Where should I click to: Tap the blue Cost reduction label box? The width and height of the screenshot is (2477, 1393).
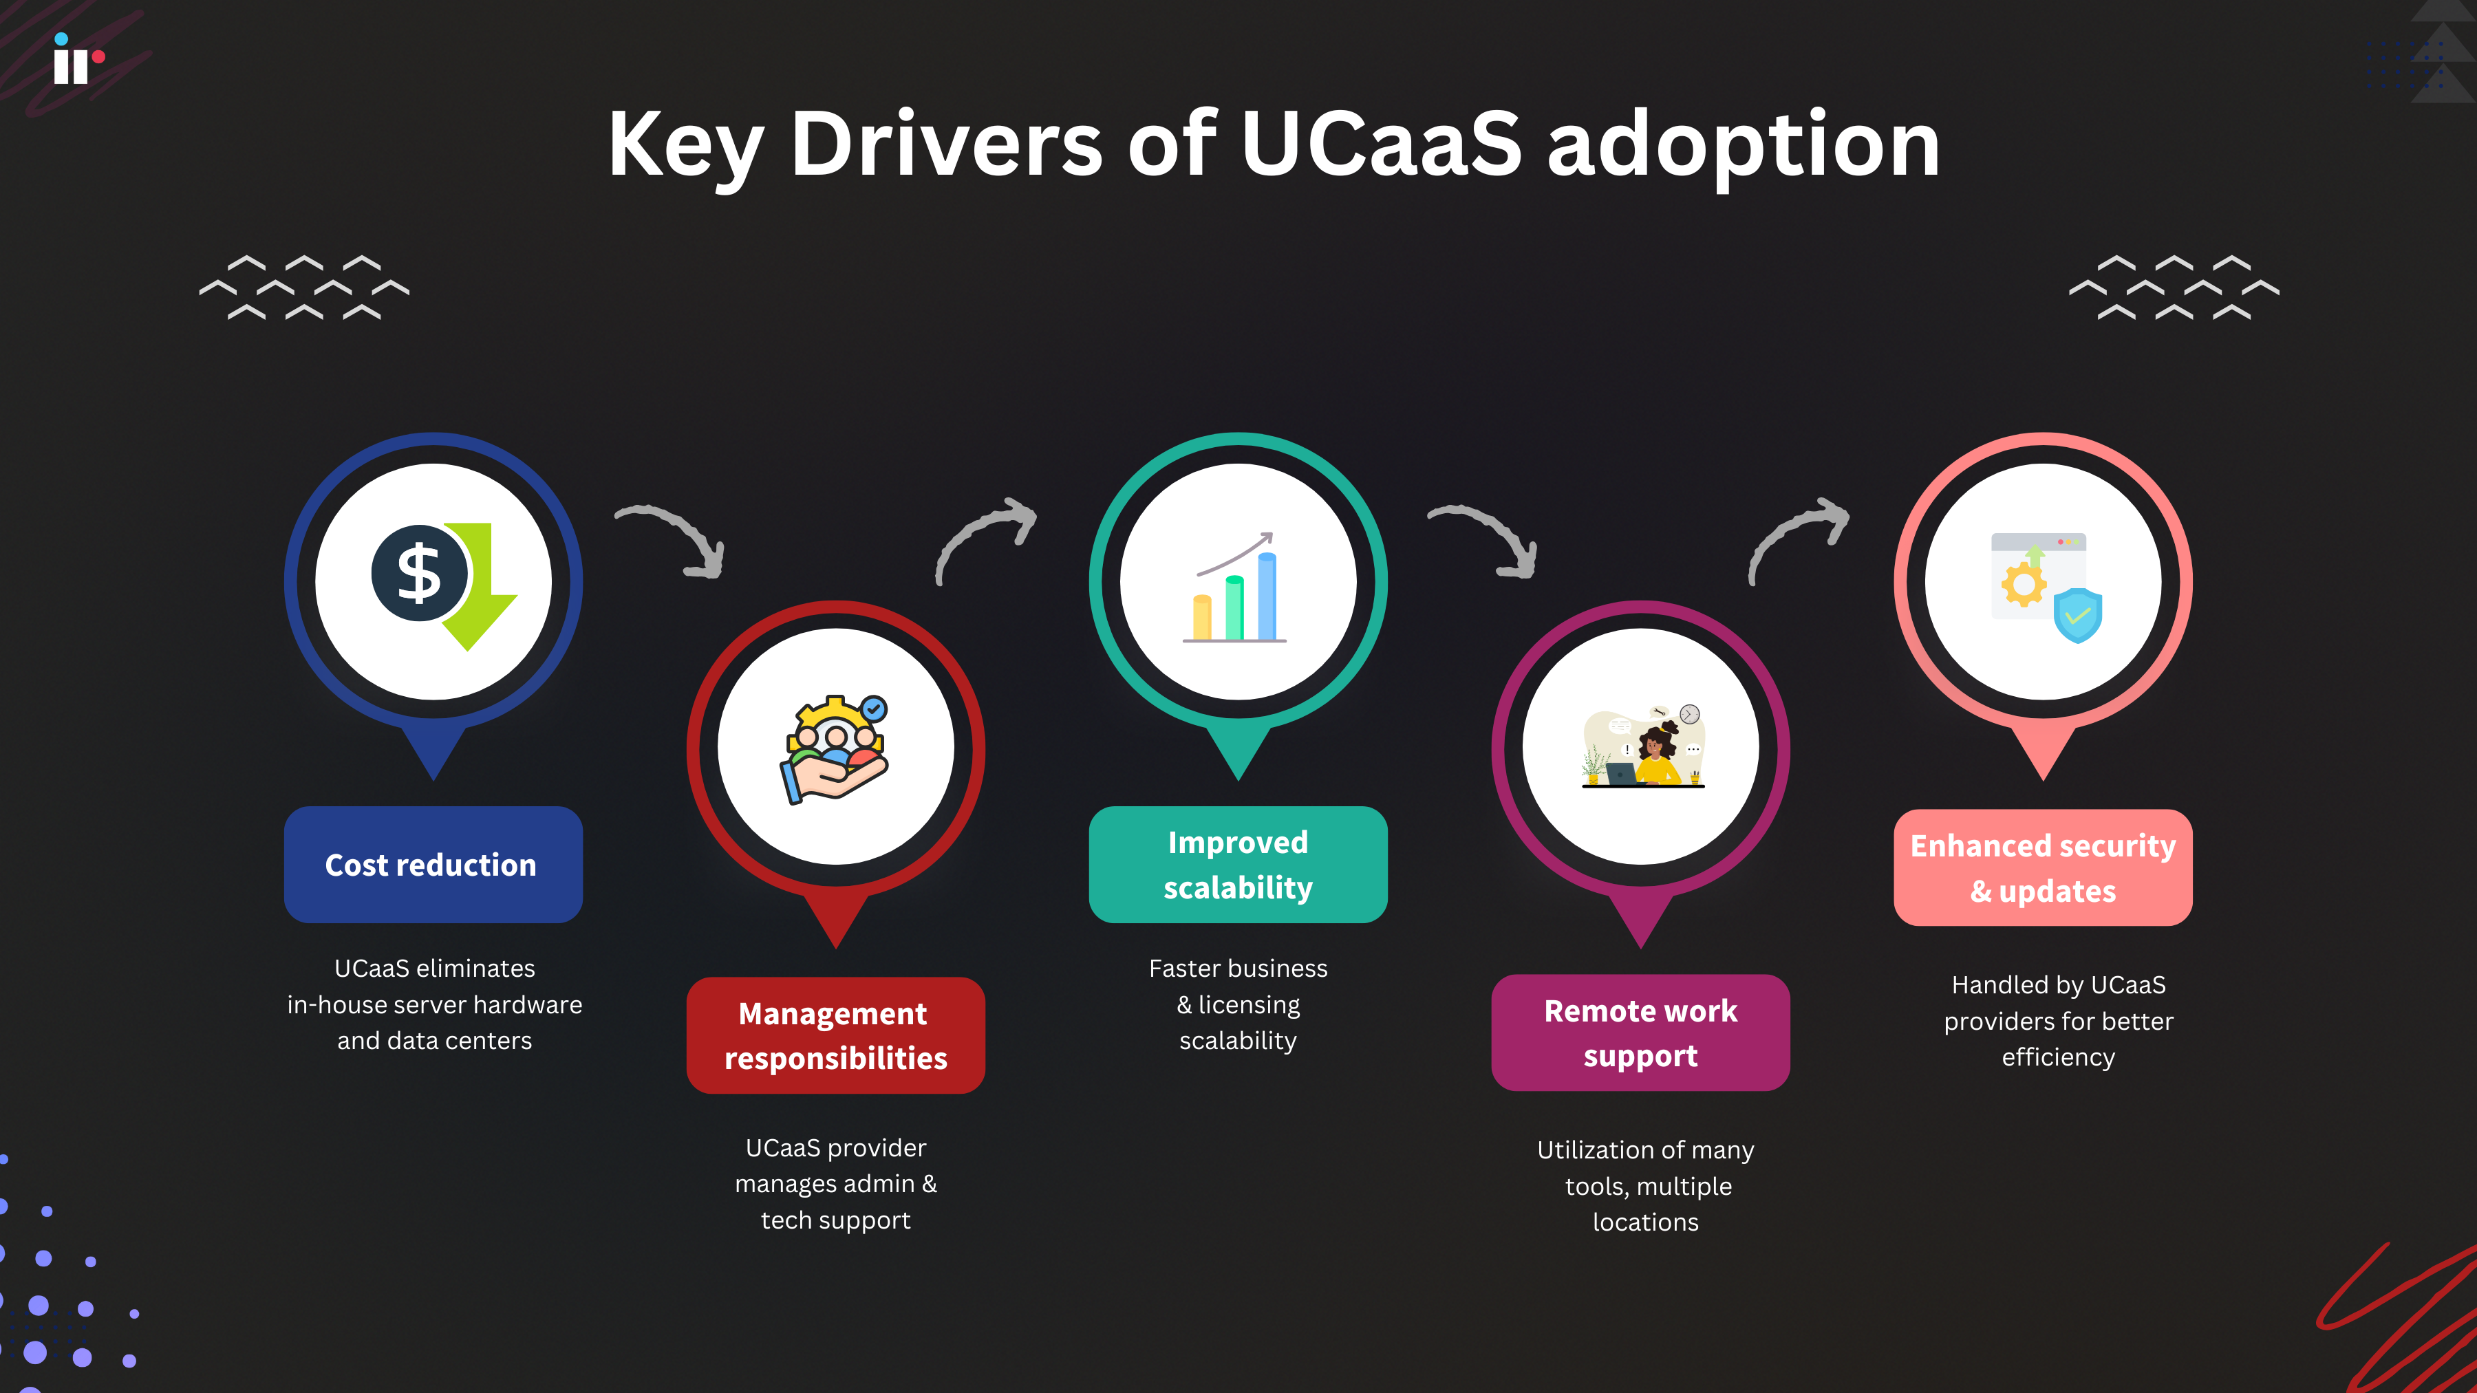click(433, 864)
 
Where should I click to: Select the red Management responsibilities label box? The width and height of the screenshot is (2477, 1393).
click(835, 1035)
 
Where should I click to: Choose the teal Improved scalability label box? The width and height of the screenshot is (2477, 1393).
click(1238, 864)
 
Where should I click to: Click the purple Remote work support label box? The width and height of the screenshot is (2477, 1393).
click(1640, 1033)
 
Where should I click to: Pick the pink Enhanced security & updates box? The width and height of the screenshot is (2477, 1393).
click(2042, 867)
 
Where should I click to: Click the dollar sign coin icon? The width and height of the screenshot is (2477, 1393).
click(419, 574)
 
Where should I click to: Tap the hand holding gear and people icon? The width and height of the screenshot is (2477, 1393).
click(835, 750)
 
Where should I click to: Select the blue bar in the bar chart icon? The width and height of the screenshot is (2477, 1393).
click(1267, 596)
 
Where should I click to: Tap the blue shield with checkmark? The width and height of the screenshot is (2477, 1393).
click(2077, 615)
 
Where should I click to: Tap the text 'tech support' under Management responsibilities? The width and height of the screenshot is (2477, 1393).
click(835, 1220)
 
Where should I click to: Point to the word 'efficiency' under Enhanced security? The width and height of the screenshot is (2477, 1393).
click(2058, 1057)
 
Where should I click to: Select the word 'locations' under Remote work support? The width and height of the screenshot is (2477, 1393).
click(1645, 1222)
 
